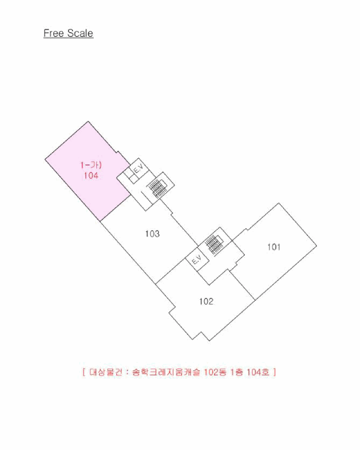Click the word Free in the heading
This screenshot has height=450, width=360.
53,33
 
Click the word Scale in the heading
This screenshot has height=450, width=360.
80,33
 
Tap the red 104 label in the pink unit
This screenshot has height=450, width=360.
91,175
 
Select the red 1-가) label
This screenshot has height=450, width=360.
91,165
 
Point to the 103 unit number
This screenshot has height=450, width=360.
152,233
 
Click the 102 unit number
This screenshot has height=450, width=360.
206,301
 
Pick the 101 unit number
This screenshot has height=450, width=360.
274,247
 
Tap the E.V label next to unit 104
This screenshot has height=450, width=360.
139,168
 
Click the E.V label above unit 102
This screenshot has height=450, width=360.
197,260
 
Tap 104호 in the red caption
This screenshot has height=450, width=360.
258,372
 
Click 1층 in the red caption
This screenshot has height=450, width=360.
237,372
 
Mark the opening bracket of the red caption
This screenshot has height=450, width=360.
84,372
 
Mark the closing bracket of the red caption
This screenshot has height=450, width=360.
274,372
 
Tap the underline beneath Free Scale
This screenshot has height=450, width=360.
68,38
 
